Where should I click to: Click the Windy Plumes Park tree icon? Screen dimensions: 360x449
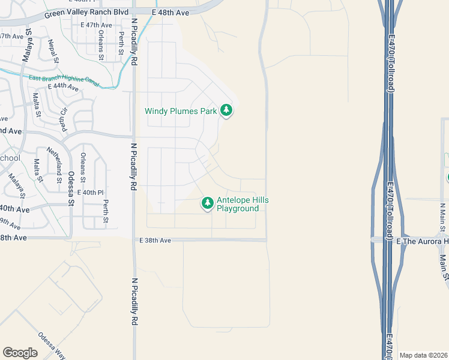pos(226,110)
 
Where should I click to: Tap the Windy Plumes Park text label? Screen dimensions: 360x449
pos(181,111)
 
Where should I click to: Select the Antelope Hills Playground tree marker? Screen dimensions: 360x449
pos(208,204)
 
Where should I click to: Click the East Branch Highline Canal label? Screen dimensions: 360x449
pos(63,80)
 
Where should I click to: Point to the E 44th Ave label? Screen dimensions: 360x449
pos(62,87)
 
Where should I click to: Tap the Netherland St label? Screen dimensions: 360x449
pos(59,167)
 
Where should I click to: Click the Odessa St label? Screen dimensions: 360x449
pos(71,188)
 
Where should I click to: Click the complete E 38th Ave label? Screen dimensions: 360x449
pos(155,240)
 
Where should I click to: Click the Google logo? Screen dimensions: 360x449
pos(20,353)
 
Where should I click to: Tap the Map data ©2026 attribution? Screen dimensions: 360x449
pos(423,355)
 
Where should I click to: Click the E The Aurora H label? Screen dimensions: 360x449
pos(423,241)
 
